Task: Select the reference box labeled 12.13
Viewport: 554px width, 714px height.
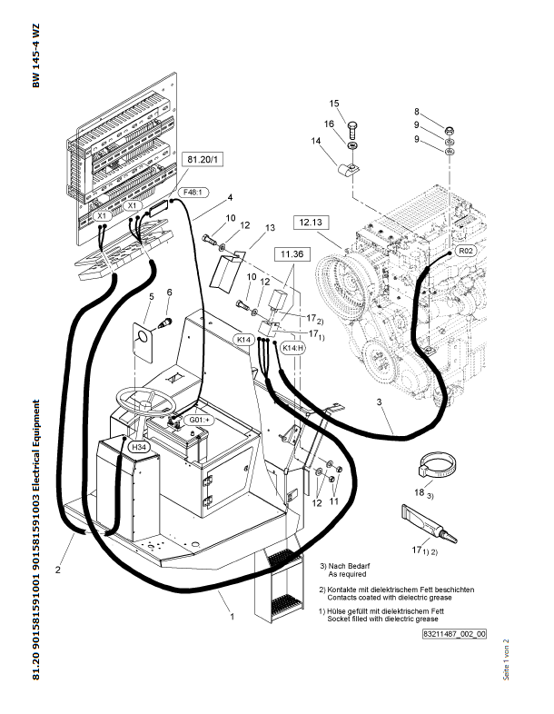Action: (x=312, y=221)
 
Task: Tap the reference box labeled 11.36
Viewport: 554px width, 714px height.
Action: (x=292, y=256)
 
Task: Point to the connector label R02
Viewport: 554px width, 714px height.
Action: (x=465, y=250)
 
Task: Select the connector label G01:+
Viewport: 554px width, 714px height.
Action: (x=199, y=420)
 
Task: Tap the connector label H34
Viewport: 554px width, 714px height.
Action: (x=138, y=448)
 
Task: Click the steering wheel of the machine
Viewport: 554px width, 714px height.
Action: (x=140, y=402)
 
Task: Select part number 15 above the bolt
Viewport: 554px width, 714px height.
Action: (x=334, y=103)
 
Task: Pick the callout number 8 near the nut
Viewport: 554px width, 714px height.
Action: (x=442, y=111)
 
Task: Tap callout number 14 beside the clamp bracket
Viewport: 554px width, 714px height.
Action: (x=317, y=141)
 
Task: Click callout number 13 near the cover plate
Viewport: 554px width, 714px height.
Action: (x=269, y=227)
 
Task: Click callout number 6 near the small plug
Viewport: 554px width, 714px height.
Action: (x=169, y=292)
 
